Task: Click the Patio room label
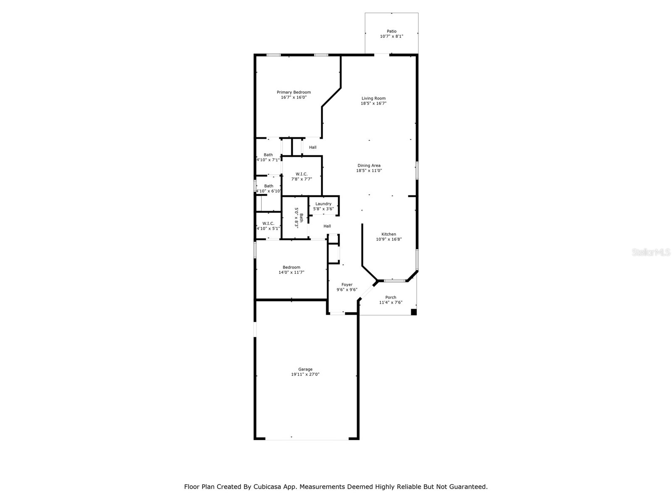pos(391,31)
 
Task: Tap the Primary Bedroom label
pos(294,92)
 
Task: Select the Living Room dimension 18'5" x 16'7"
pos(373,103)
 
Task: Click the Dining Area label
pos(369,165)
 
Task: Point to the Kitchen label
pos(388,234)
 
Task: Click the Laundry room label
pos(323,204)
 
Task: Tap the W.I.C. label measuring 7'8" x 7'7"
pos(302,174)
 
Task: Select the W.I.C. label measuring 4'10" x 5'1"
pos(268,223)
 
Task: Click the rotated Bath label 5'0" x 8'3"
pos(298,218)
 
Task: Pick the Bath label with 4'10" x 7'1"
pos(268,155)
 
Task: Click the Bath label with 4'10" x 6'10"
pos(268,186)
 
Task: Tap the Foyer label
pos(347,285)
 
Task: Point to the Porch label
pos(391,297)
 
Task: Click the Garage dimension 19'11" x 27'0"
pos(305,374)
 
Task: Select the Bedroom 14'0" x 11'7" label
pos(291,268)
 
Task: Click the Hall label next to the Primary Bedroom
pos(312,147)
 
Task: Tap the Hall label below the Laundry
pos(327,226)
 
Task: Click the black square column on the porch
pos(413,312)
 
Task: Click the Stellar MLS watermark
pos(651,252)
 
